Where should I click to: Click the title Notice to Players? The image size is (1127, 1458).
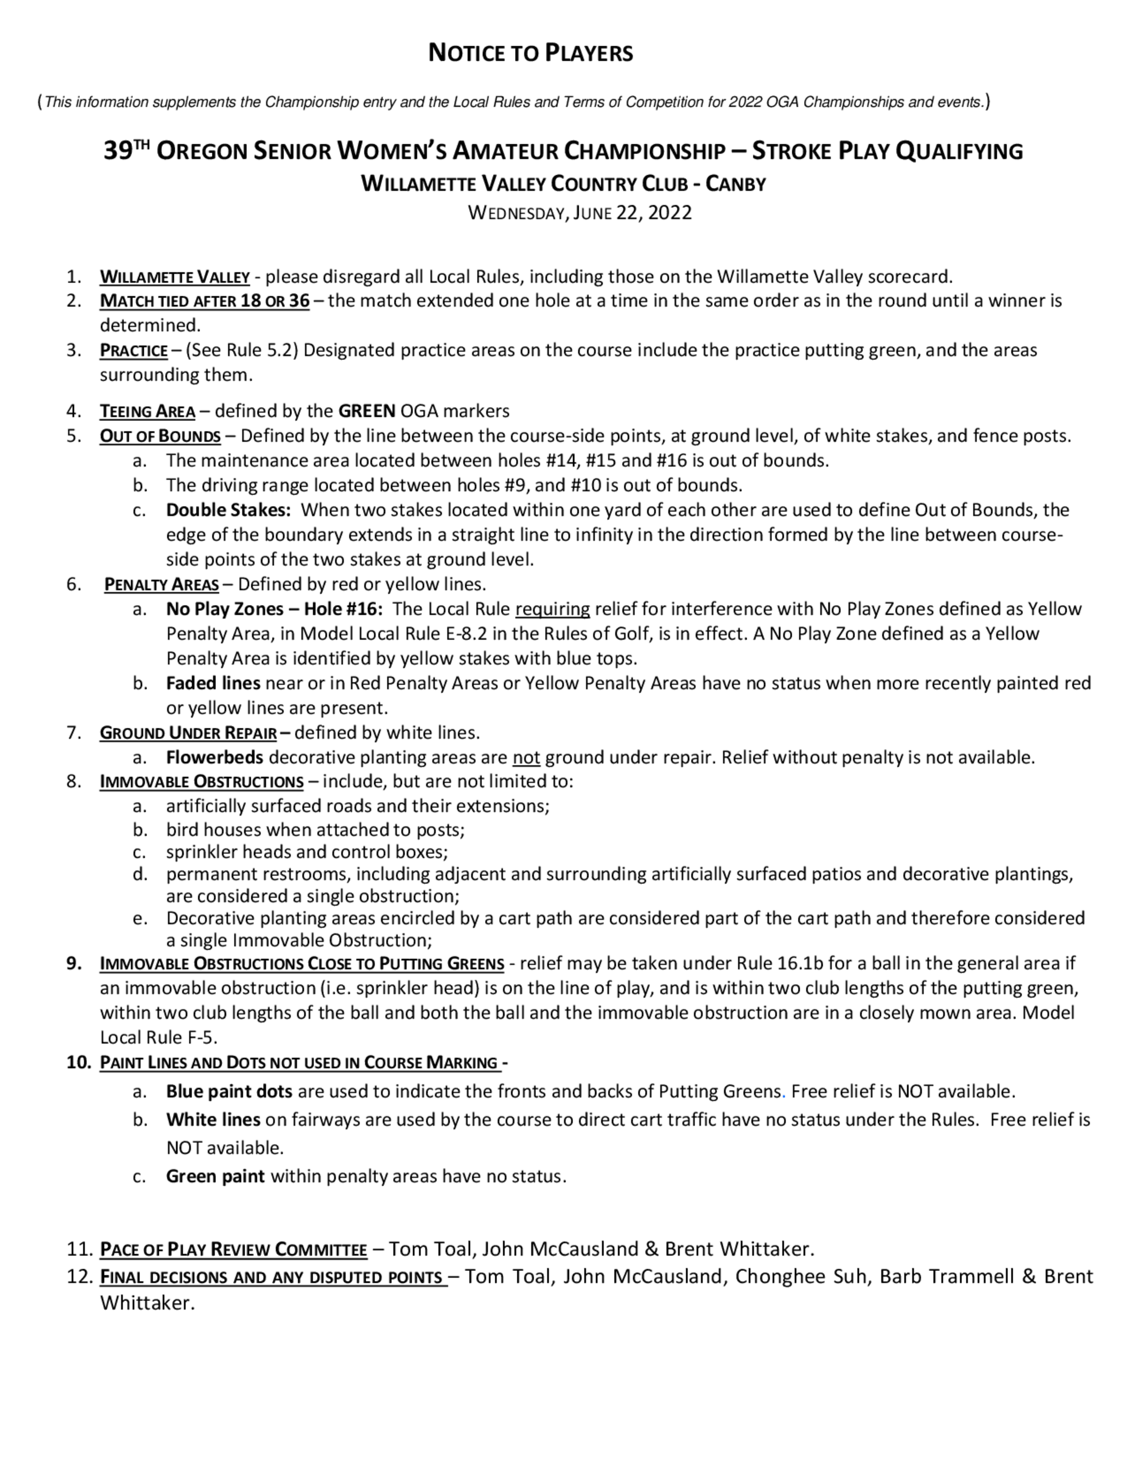[530, 53]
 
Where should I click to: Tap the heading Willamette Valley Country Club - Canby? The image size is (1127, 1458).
[563, 184]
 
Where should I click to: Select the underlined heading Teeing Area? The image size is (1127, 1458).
[148, 411]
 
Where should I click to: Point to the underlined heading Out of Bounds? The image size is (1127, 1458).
[160, 437]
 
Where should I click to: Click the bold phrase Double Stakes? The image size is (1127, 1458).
[228, 510]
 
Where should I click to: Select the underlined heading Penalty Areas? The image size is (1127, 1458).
[162, 585]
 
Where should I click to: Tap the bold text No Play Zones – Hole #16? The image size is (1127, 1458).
[274, 610]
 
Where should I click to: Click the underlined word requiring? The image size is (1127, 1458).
[552, 610]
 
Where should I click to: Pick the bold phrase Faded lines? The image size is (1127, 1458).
[213, 683]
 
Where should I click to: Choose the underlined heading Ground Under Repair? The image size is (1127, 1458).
[188, 733]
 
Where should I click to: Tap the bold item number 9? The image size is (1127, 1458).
[74, 963]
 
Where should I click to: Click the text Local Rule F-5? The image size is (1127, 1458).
[159, 1037]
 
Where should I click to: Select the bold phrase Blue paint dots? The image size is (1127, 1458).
[229, 1091]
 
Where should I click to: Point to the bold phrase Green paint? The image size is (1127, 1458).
[215, 1176]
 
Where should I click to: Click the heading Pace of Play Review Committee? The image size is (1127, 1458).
[234, 1249]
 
